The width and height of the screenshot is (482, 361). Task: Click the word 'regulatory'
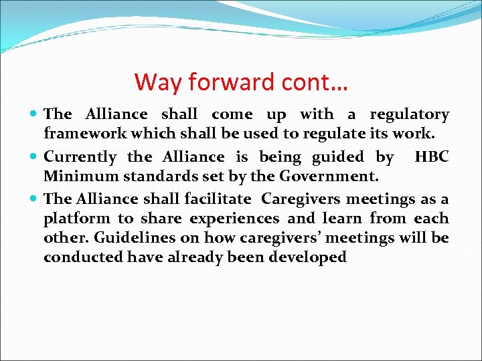point(410,115)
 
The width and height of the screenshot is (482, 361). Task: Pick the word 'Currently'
point(80,157)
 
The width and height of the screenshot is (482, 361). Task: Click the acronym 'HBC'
point(432,157)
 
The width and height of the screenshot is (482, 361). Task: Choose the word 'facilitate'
point(219,199)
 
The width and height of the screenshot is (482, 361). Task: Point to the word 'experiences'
point(234,219)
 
